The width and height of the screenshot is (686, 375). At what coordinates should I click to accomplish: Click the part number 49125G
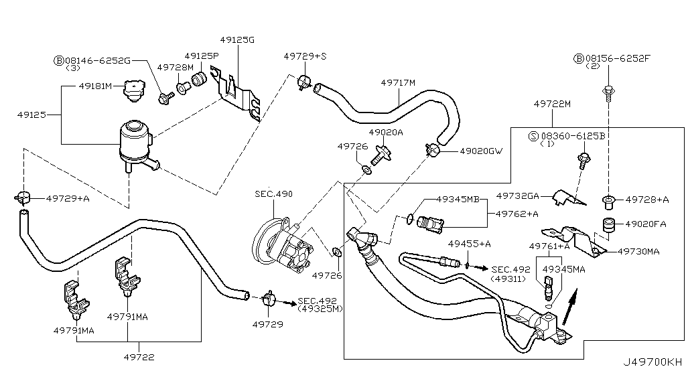(237, 40)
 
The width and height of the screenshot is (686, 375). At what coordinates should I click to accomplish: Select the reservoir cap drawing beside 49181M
(133, 90)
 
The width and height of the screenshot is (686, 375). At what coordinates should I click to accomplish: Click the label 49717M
(398, 82)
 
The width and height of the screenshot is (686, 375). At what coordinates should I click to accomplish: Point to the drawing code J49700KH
(653, 362)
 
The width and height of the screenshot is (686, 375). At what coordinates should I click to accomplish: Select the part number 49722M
(552, 104)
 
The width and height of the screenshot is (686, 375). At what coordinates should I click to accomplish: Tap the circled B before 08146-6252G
(59, 60)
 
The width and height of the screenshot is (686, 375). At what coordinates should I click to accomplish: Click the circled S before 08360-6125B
(533, 136)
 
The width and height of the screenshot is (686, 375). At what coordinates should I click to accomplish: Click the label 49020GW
(481, 151)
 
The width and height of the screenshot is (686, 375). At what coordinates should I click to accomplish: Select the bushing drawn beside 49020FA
(608, 224)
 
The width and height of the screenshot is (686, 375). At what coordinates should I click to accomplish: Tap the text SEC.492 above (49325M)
(317, 301)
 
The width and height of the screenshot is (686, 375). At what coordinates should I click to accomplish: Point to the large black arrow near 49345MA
(569, 307)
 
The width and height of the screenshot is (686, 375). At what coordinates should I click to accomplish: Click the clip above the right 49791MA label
(126, 275)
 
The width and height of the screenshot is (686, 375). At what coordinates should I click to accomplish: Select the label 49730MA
(638, 251)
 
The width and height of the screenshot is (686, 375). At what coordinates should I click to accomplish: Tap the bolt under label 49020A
(381, 155)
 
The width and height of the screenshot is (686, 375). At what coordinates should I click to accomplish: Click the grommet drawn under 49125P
(200, 80)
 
